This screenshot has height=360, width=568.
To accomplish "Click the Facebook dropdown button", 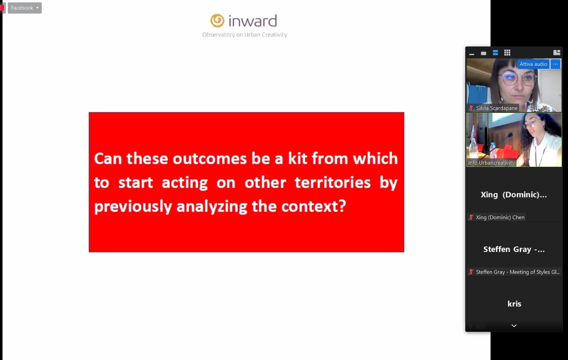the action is pyautogui.click(x=25, y=8).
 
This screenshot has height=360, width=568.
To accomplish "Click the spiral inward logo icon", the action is pyautogui.click(x=217, y=21).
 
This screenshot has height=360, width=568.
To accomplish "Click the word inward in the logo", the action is pyautogui.click(x=253, y=21).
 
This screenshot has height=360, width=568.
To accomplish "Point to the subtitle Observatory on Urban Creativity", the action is pyautogui.click(x=244, y=35).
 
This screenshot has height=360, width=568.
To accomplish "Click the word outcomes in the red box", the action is pyautogui.click(x=210, y=158).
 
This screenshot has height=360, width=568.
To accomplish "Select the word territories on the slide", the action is pyautogui.click(x=332, y=183).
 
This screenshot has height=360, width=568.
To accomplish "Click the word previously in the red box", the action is pyautogui.click(x=133, y=206).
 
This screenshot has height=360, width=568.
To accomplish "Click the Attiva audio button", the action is pyautogui.click(x=533, y=64).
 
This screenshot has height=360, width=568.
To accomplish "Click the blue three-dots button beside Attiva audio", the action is pyautogui.click(x=555, y=64).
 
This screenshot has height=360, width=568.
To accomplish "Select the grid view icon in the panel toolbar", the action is pyautogui.click(x=507, y=53).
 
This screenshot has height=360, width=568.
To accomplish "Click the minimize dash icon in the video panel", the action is pyautogui.click(x=472, y=54).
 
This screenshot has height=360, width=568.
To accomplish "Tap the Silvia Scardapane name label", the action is pyautogui.click(x=496, y=108).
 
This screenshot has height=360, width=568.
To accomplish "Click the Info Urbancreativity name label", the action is pyautogui.click(x=491, y=163).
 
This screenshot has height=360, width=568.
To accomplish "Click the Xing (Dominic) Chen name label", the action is pyautogui.click(x=500, y=217).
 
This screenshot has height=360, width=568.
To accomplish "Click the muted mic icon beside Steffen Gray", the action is pyautogui.click(x=471, y=272).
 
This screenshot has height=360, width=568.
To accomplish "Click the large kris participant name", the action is pyautogui.click(x=514, y=304).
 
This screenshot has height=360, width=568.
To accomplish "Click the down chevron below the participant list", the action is pyautogui.click(x=514, y=326).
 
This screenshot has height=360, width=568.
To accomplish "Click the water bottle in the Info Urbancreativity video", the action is pyautogui.click(x=493, y=150).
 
